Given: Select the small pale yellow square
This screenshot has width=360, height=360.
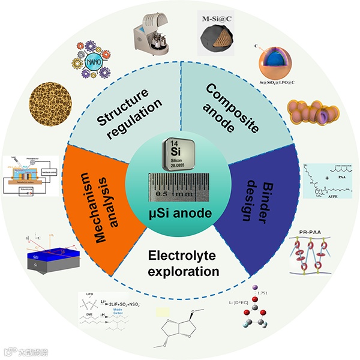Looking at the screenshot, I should (x=163, y=312).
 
